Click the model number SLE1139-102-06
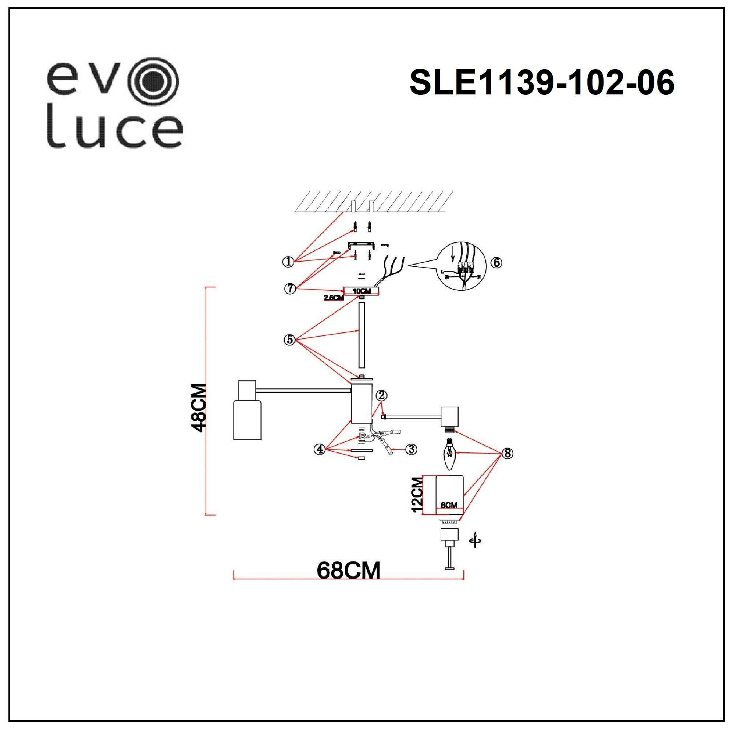[542, 83]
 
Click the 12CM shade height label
[417, 494]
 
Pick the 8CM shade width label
[449, 505]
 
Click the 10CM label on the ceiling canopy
[362, 291]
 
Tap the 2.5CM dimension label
[333, 298]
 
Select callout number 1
[289, 261]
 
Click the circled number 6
[496, 262]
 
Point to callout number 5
[290, 340]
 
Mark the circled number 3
[411, 449]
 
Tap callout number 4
[320, 449]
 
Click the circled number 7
[290, 289]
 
